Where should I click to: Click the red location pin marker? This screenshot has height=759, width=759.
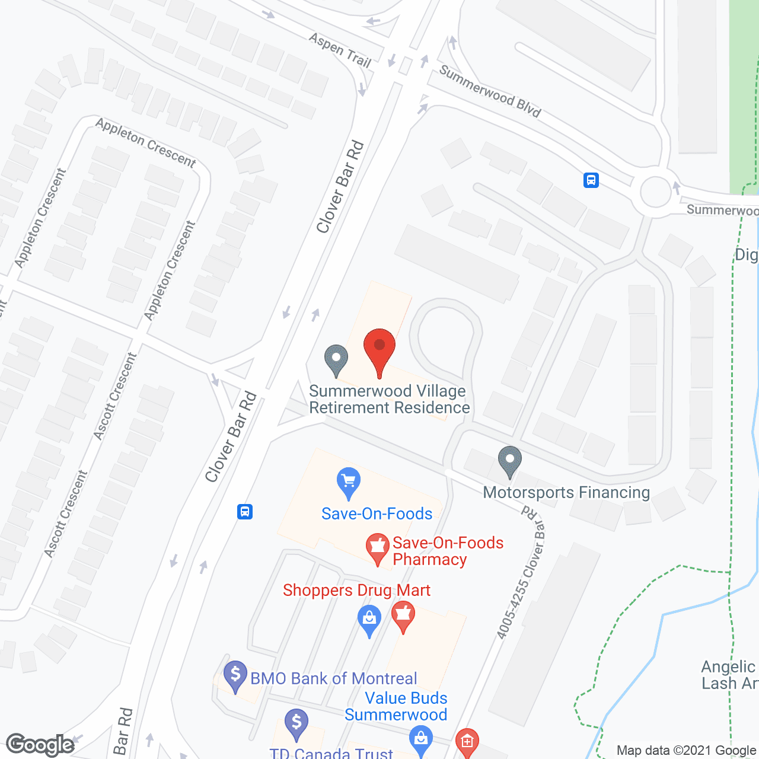pyautogui.click(x=379, y=350)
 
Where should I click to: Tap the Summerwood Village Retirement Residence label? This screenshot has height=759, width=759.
pyautogui.click(x=389, y=400)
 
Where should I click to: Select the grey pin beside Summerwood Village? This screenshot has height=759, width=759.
pyautogui.click(x=336, y=359)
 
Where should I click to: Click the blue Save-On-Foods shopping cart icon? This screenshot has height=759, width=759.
pyautogui.click(x=349, y=483)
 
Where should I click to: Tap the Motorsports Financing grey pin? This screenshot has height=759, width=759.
pyautogui.click(x=509, y=461)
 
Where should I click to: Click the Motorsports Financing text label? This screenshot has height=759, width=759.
pyautogui.click(x=566, y=493)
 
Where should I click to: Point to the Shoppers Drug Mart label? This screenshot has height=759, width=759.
pyautogui.click(x=356, y=591)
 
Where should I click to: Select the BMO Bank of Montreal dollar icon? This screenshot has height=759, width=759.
pyautogui.click(x=235, y=675)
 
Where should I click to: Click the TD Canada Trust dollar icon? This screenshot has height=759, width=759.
pyautogui.click(x=296, y=724)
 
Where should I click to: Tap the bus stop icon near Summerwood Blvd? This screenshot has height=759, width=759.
pyautogui.click(x=591, y=180)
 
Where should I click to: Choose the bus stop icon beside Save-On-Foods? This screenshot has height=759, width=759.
pyautogui.click(x=245, y=511)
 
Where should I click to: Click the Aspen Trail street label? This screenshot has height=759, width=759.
pyautogui.click(x=340, y=50)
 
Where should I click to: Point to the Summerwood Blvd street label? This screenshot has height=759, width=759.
pyautogui.click(x=490, y=91)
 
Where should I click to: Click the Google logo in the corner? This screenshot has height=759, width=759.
pyautogui.click(x=40, y=745)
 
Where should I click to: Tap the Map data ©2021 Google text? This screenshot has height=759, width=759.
pyautogui.click(x=686, y=751)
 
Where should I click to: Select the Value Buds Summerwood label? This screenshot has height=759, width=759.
pyautogui.click(x=396, y=706)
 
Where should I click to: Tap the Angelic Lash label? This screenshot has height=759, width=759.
pyautogui.click(x=729, y=675)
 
